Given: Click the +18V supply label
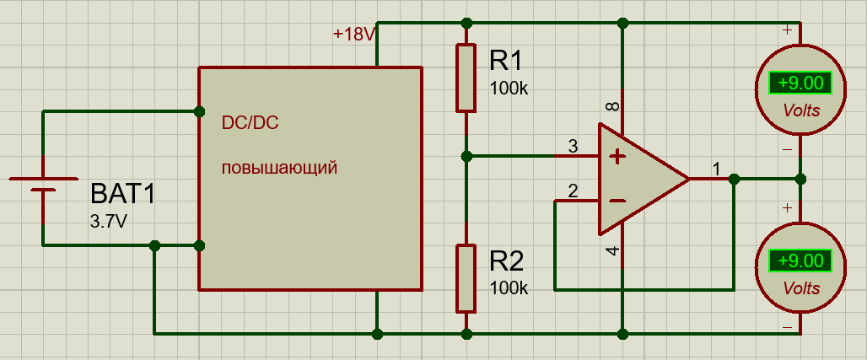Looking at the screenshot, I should pos(353,35).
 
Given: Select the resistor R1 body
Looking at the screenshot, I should pos(466,78).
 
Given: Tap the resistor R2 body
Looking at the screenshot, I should pos(466,277).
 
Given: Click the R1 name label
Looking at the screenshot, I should pos(506,62).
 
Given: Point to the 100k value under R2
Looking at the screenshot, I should pos(509,287).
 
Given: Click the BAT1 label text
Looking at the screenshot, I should pos(123,196).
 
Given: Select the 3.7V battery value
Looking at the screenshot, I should pos(110,222).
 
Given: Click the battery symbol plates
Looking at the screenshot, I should pos(43,185).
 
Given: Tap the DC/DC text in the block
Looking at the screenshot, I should pos(250,123).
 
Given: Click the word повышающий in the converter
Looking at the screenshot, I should pos(279,167).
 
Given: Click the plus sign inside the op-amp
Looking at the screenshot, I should pos(617,156).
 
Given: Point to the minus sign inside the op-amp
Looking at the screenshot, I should pos(617,201).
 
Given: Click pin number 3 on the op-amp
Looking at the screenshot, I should pos(574,147).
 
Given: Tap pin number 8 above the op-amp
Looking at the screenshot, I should pos(612,107).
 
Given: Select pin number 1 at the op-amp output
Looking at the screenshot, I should pos(716,169).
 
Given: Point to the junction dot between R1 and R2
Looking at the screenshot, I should pos(466,156).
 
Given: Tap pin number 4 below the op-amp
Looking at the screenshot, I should pos(612,250).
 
